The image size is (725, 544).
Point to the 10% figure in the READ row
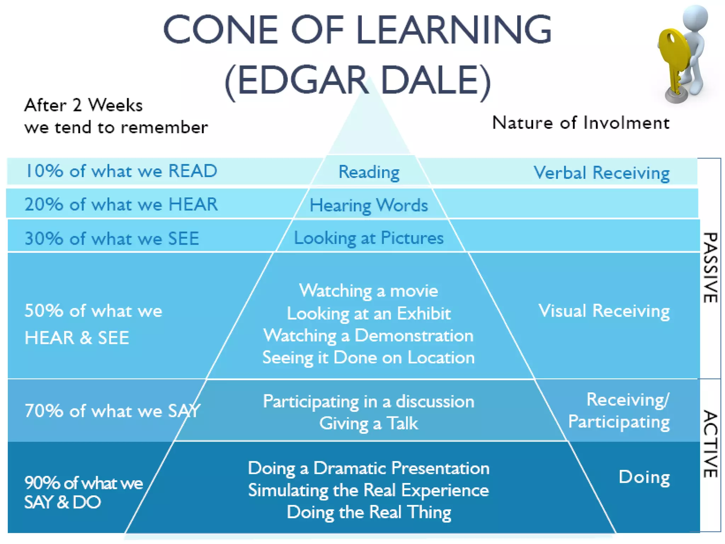click(44, 171)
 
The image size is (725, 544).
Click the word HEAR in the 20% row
click(193, 204)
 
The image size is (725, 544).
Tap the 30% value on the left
click(44, 238)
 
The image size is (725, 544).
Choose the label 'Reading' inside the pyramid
click(369, 172)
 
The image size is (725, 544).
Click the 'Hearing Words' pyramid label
click(369, 205)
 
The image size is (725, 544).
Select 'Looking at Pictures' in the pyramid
click(369, 238)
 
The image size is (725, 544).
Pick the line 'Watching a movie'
click(369, 291)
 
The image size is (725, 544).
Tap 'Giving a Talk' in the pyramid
click(369, 423)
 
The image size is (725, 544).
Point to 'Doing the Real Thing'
click(369, 512)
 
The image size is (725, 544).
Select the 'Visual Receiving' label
click(604, 311)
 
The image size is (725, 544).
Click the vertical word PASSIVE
click(710, 267)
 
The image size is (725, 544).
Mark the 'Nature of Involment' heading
click(581, 123)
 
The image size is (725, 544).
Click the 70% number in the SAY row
click(44, 411)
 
